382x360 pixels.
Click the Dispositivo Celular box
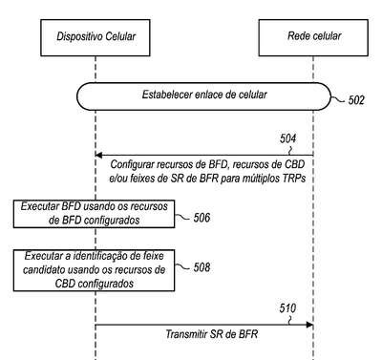pyautogui.click(x=95, y=37)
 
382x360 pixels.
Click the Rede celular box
pyautogui.click(x=313, y=37)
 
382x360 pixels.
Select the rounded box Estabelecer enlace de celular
pyautogui.click(x=203, y=96)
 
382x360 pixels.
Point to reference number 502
pyautogui.click(x=356, y=100)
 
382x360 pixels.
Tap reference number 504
pyautogui.click(x=287, y=138)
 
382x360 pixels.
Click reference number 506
pyautogui.click(x=202, y=218)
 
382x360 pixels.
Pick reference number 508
pyautogui.click(x=202, y=267)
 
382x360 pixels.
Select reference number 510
pyautogui.click(x=287, y=308)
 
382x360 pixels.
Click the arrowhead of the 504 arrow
pyautogui.click(x=98, y=155)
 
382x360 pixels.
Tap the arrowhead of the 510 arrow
pyautogui.click(x=309, y=325)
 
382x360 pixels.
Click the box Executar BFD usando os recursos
pyautogui.click(x=94, y=214)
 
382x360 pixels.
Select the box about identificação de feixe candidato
pyautogui.click(x=94, y=270)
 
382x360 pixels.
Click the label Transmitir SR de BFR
pyautogui.click(x=212, y=334)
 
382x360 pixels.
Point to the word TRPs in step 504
pyautogui.click(x=294, y=178)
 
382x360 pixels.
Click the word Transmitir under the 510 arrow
pyautogui.click(x=186, y=334)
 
